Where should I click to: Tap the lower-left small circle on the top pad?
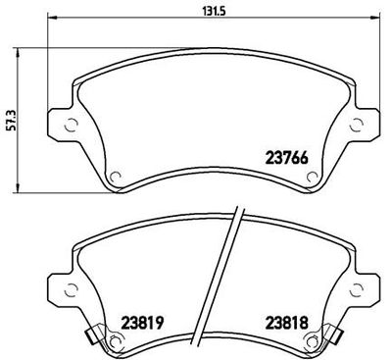[111, 178]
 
